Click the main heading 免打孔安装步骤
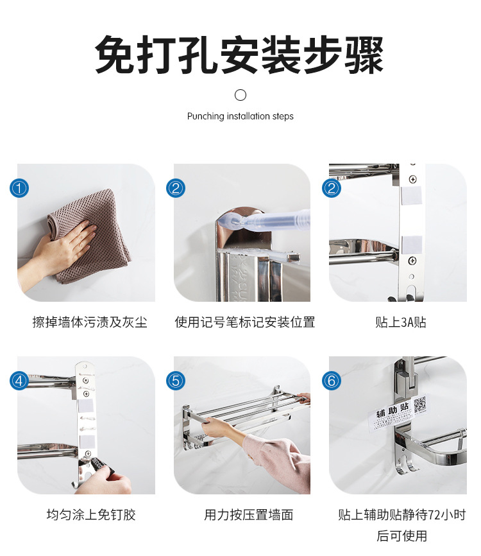pos(239,55)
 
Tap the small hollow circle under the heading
pos(240,95)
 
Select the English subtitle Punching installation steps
pos(240,116)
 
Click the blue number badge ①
pos(19,188)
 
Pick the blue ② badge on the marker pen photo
pos(176,188)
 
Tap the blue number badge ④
pos(19,381)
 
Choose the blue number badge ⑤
pos(176,381)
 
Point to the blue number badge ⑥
pos(332,381)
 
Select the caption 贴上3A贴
pos(401,322)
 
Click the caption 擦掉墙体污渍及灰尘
pos(90,322)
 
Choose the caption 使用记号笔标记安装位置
pos(245,322)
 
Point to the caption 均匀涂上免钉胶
pos(91,514)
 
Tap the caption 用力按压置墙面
pos(249,514)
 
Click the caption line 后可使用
pos(401,536)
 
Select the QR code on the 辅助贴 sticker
pos(420,404)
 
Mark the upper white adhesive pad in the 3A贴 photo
pos(411,196)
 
